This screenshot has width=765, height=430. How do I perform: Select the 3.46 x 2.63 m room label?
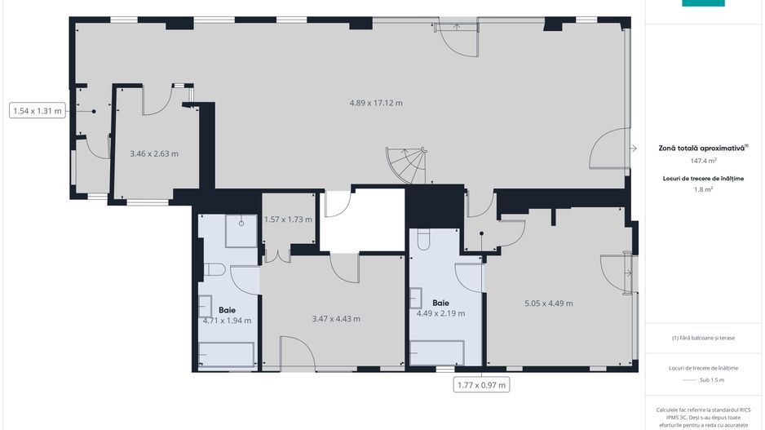click(154, 153)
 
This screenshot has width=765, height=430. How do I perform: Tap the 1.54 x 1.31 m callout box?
click(38, 110)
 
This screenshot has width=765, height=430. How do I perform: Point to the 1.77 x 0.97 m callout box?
click(482, 384)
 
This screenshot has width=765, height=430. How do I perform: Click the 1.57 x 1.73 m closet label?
click(289, 220)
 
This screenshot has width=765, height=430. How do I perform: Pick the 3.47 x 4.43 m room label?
click(336, 319)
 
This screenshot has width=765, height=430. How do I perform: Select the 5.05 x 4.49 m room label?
click(548, 304)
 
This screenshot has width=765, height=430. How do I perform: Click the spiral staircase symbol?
click(406, 166)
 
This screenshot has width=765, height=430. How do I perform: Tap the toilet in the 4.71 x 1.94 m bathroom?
click(214, 269)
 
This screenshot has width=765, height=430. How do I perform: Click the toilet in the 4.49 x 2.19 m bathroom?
click(422, 240)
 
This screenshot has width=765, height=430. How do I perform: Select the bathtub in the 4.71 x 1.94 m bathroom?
click(228, 355)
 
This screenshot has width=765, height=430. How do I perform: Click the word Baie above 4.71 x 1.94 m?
click(227, 310)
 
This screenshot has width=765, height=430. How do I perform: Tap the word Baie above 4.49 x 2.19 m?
click(440, 302)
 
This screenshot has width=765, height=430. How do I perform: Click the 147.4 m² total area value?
click(702, 161)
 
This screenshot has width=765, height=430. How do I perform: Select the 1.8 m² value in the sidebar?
click(702, 188)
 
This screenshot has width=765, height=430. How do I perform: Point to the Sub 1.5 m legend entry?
click(702, 380)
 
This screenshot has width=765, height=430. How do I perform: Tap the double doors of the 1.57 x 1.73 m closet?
click(277, 255)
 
